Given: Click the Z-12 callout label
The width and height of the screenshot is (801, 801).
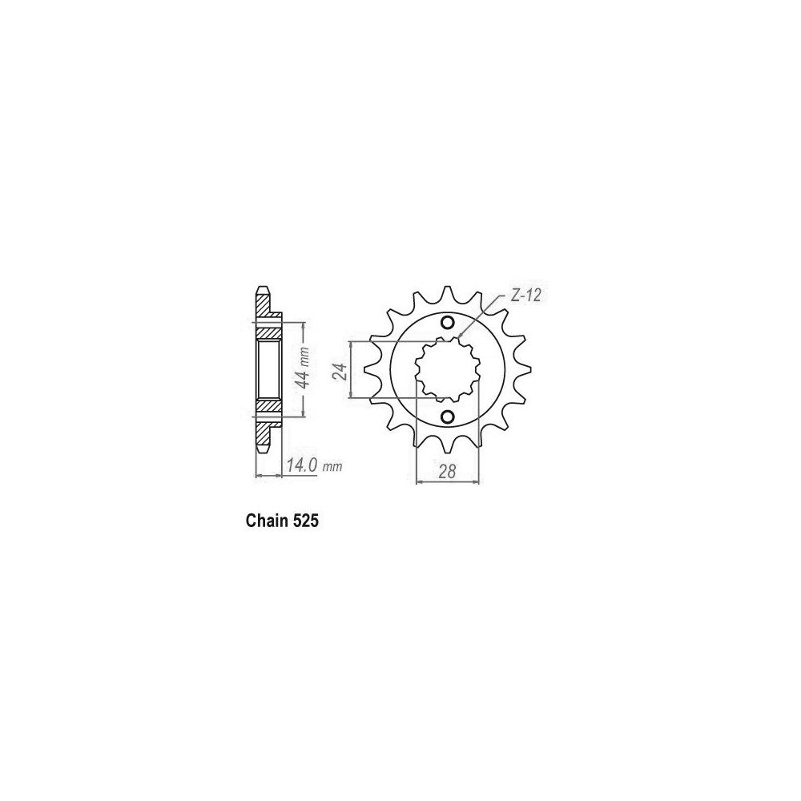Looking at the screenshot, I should point(527,297).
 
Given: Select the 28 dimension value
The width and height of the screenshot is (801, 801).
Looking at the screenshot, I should point(447,472).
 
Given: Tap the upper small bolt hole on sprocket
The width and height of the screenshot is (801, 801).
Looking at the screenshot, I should point(447,322).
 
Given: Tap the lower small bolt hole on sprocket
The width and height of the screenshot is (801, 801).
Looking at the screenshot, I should point(447,417).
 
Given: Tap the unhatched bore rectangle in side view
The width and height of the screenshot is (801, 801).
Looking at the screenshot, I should point(268,369).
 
